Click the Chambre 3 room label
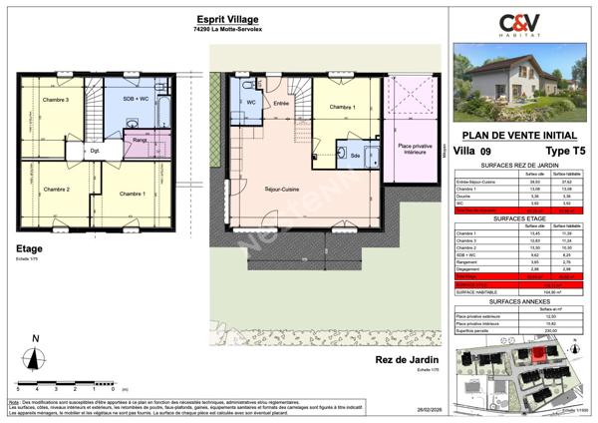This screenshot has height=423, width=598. [x=55, y=101]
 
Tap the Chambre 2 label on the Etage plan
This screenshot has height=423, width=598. [x=55, y=189]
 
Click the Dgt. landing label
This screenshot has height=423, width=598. [x=96, y=151]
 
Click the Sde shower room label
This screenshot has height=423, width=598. [x=356, y=156]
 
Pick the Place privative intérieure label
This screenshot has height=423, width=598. [x=415, y=149]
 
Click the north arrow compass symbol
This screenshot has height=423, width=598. [x=36, y=356]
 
